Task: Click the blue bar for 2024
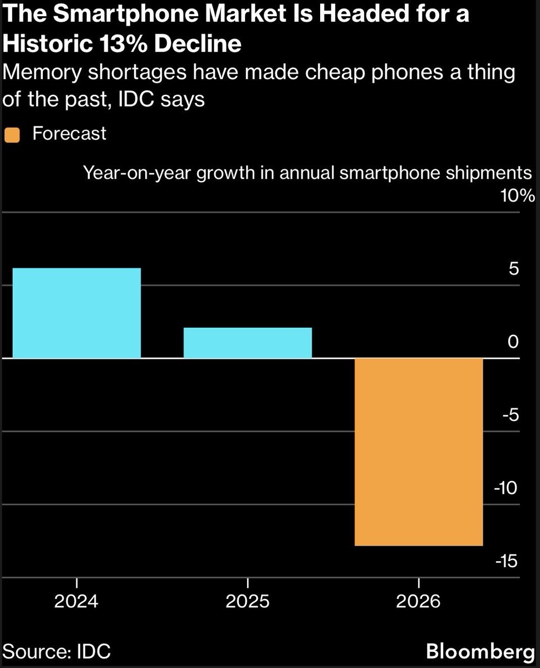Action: (76, 313)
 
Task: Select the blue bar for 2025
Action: (247, 342)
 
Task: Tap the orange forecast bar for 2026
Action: (419, 451)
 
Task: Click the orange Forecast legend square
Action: (12, 135)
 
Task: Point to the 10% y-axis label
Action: (518, 196)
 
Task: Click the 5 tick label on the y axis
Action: (513, 268)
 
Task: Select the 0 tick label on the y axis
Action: (513, 341)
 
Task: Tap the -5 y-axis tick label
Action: (510, 415)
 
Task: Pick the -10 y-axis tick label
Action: (505, 488)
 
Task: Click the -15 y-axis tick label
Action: (505, 561)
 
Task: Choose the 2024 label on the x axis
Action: (76, 601)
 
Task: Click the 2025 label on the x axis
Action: (247, 601)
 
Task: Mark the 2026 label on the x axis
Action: (419, 601)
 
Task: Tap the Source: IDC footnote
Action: (57, 651)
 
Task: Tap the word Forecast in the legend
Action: (70, 134)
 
